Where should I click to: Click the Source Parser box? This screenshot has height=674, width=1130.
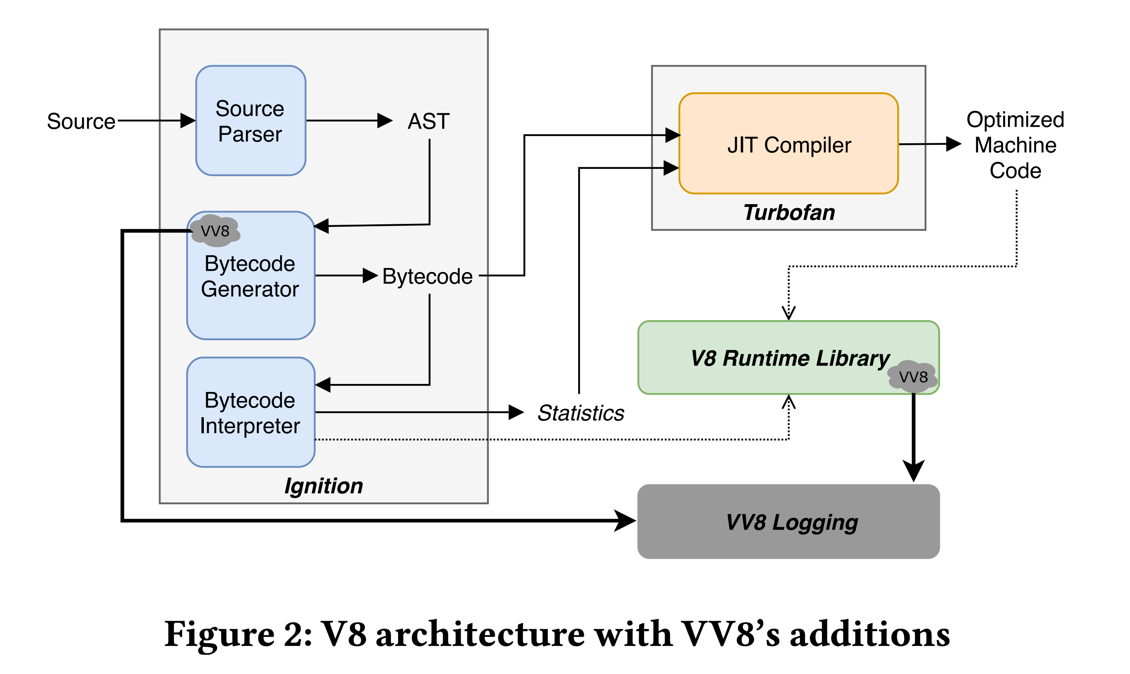[x=250, y=120]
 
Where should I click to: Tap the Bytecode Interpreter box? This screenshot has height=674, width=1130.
[x=250, y=412]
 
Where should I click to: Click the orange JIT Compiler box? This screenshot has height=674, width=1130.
[x=789, y=144]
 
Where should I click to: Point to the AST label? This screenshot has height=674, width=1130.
[x=428, y=121]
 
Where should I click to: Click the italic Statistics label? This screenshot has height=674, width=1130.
[x=580, y=413]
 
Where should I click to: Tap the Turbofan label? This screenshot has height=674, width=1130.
[x=789, y=213]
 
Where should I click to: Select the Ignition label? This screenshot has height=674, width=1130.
[x=323, y=486]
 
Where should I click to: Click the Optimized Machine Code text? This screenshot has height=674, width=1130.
[x=1015, y=145]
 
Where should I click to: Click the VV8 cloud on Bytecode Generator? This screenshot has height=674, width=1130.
[x=215, y=231]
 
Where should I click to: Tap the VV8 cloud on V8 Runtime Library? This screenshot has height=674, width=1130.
[x=913, y=376]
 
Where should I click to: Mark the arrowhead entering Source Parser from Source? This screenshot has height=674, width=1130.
[x=189, y=121]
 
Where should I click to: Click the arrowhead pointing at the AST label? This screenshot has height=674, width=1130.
[x=385, y=121]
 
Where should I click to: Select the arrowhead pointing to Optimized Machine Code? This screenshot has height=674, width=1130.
[x=954, y=144]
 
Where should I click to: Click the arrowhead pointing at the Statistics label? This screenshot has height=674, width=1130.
[x=516, y=412]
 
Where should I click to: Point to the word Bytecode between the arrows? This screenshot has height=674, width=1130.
[x=427, y=276]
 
